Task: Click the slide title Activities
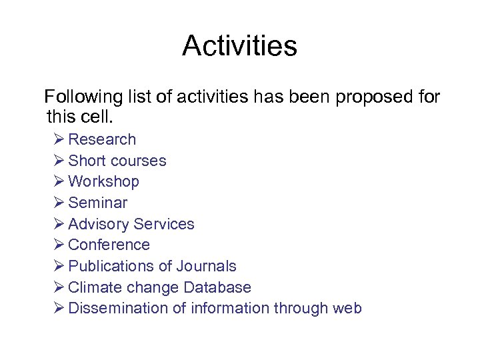click(239, 46)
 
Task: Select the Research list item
click(102, 139)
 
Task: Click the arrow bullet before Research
click(58, 139)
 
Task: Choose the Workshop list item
click(103, 181)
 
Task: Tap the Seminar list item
click(97, 203)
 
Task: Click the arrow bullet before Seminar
click(58, 203)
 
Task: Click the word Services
click(164, 224)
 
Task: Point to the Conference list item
click(109, 245)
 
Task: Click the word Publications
click(111, 266)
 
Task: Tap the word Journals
click(206, 266)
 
